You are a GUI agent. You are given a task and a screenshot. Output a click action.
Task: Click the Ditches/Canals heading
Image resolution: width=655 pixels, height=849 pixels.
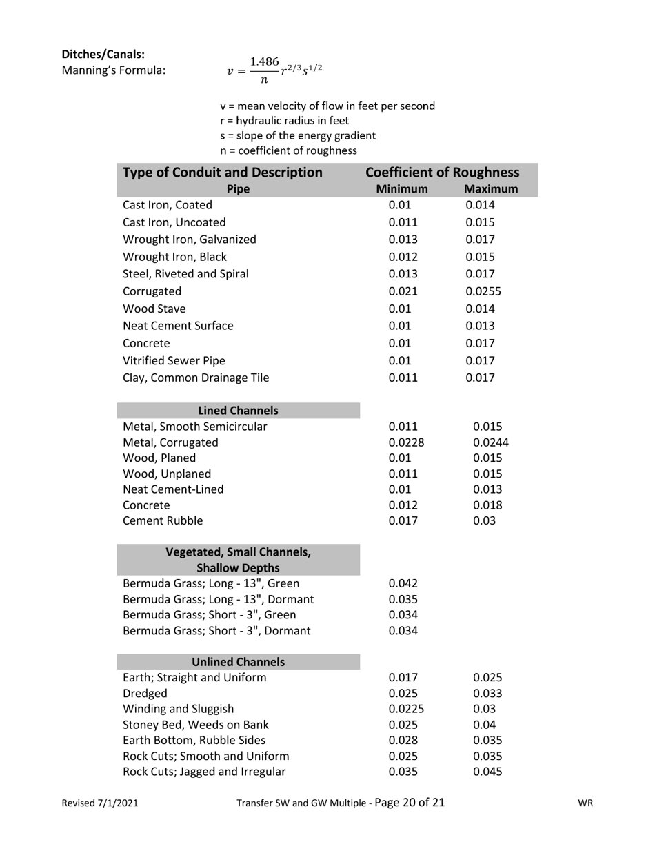[x=103, y=54]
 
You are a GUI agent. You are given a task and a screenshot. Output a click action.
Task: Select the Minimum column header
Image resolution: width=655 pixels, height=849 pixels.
[x=402, y=189]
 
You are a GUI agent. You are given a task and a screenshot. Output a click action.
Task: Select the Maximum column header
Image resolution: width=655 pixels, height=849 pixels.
[x=490, y=189]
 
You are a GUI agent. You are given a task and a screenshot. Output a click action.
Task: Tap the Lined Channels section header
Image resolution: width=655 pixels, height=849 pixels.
[x=239, y=411]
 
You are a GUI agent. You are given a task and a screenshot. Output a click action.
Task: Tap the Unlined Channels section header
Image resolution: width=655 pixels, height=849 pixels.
[x=239, y=662]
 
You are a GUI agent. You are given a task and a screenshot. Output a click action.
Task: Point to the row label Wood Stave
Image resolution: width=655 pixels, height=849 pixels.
[x=154, y=309]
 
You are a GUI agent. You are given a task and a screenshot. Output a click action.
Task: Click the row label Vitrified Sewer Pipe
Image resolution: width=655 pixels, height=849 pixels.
[x=174, y=360]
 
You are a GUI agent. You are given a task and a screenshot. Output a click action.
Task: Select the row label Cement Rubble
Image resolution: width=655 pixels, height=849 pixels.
[x=163, y=520]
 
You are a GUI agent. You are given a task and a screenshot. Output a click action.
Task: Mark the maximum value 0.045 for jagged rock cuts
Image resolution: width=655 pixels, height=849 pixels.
[x=487, y=772]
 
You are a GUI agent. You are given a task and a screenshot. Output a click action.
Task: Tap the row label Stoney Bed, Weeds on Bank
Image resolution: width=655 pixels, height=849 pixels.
[x=196, y=725]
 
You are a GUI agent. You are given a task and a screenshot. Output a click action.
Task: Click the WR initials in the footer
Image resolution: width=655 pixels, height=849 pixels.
[x=585, y=803]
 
